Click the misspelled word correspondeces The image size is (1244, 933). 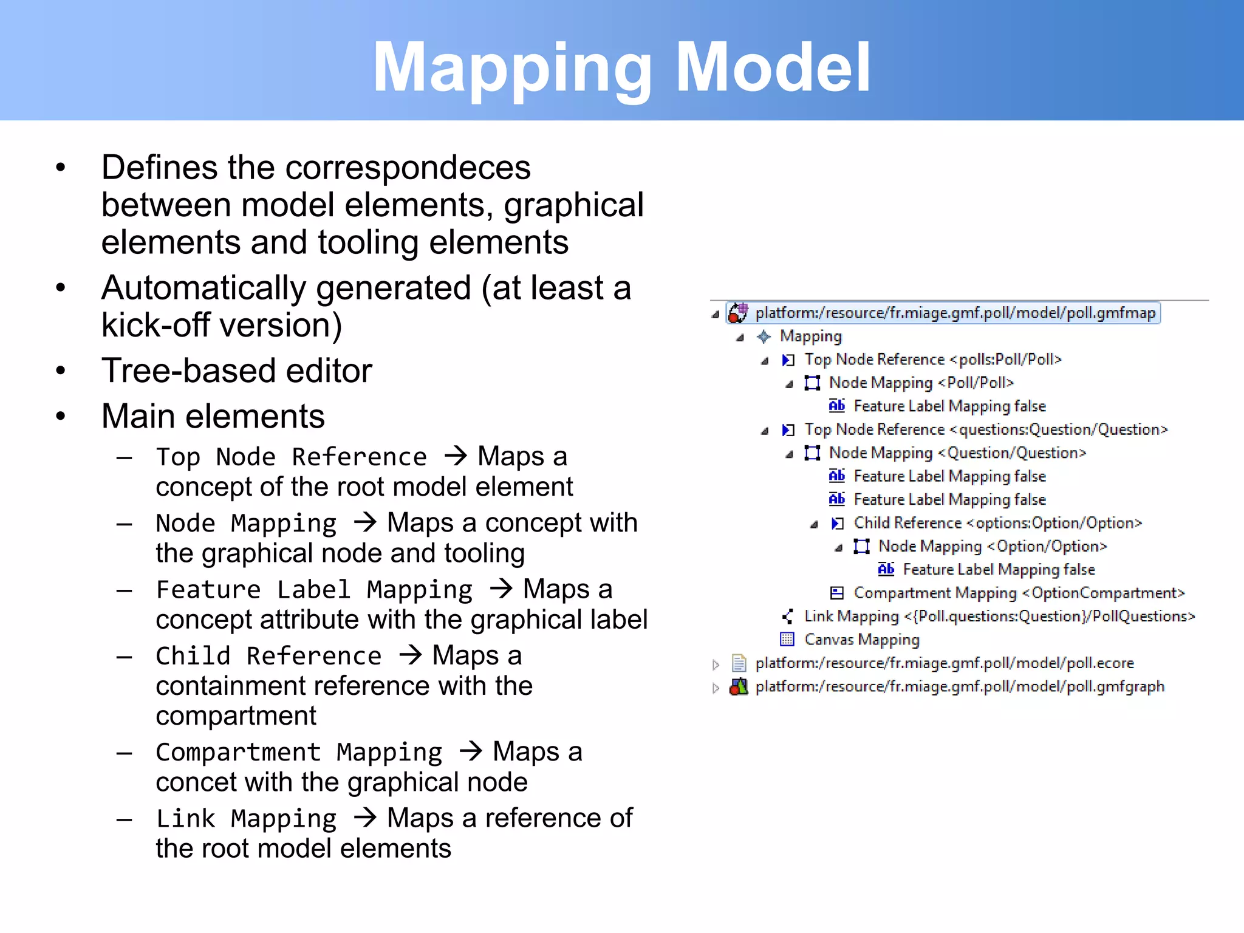[x=408, y=168]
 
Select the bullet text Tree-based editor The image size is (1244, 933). [x=236, y=371]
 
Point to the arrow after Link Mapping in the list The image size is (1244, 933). [x=365, y=818]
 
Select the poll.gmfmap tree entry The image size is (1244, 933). [x=955, y=313]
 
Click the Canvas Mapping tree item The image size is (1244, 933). [x=861, y=640]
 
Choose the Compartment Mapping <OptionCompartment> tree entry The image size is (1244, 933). [x=1019, y=593]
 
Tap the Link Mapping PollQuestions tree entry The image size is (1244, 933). [x=999, y=617]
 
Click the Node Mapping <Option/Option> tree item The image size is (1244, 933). [x=992, y=547]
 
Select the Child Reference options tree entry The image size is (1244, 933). [x=997, y=523]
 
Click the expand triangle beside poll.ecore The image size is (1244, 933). [x=716, y=665]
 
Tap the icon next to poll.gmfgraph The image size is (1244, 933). [x=738, y=687]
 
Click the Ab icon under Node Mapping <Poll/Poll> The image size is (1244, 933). [x=836, y=406]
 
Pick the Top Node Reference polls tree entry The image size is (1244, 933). [x=932, y=360]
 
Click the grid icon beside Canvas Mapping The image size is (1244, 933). [x=787, y=640]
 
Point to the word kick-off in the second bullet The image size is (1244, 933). [x=156, y=326]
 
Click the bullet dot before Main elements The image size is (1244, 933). [x=61, y=417]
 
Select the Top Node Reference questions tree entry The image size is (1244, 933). [x=985, y=430]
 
